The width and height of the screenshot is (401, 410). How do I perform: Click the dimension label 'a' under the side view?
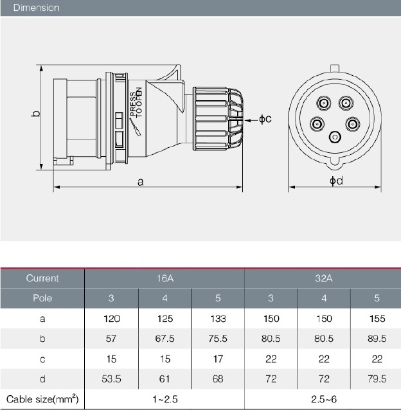coord(140,183)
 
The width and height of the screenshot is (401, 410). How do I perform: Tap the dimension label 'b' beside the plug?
coord(37,114)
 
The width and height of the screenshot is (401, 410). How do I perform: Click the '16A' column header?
coord(165,278)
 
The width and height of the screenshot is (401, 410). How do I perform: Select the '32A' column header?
coord(323,278)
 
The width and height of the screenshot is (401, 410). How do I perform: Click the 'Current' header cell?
coord(42,278)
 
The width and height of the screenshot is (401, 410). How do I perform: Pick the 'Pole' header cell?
coord(42,298)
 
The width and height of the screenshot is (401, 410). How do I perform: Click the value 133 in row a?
coord(218,318)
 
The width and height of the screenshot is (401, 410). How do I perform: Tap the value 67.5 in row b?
coord(165,338)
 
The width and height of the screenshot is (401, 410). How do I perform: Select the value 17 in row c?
coord(218,359)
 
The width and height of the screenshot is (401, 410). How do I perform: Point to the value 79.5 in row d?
coord(375,379)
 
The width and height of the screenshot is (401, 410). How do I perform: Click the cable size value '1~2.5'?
coord(165,399)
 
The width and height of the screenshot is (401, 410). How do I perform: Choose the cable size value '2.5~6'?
coord(323,399)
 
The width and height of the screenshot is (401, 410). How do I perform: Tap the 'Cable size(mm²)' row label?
coord(42,399)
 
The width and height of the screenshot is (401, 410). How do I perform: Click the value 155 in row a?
coord(375,318)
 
